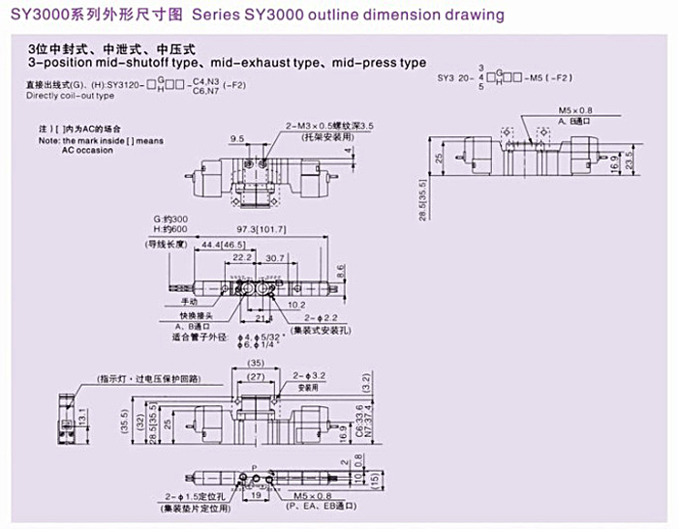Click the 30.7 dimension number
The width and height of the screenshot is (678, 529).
tap(274, 258)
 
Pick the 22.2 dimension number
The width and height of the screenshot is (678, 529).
tap(243, 258)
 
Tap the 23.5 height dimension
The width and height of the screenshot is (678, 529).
tap(630, 158)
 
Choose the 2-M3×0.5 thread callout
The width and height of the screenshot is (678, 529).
tap(329, 126)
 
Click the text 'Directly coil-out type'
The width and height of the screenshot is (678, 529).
tap(70, 96)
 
